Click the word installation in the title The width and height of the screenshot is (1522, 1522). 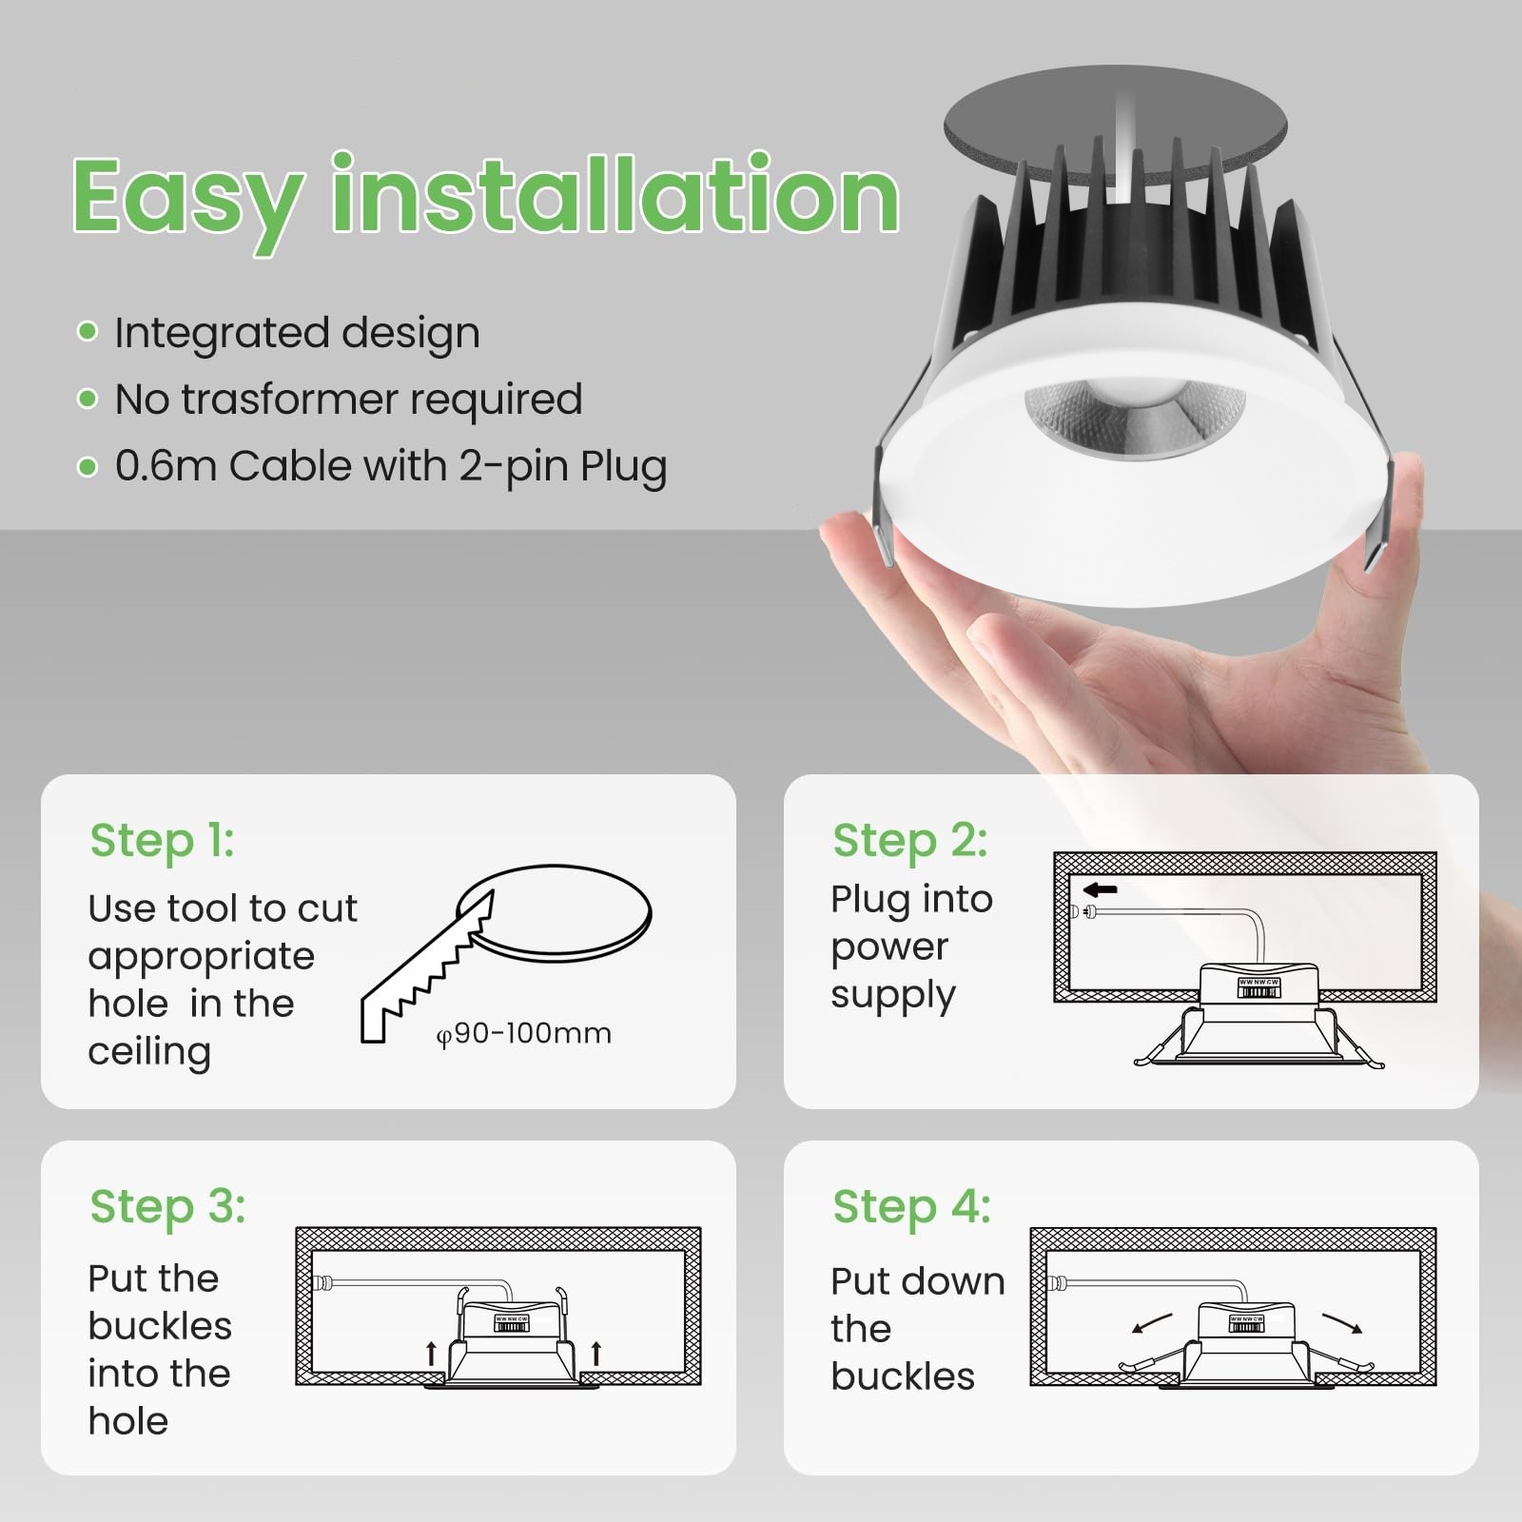pos(615,194)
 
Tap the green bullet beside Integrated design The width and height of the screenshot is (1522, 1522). pos(88,331)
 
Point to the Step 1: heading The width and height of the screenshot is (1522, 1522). pos(162,841)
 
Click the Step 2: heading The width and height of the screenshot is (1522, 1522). pos(910,841)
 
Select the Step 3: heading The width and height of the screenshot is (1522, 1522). pos(168,1207)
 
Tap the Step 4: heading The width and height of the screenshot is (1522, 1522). pos(912,1207)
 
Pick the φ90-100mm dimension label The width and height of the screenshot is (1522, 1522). pos(524,1034)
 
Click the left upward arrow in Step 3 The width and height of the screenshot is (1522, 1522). pos(431,1353)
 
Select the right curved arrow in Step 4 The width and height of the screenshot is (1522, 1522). pos(1342,1322)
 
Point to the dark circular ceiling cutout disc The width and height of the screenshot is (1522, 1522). pos(1115,128)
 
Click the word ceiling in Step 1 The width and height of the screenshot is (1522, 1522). pos(149,1053)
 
